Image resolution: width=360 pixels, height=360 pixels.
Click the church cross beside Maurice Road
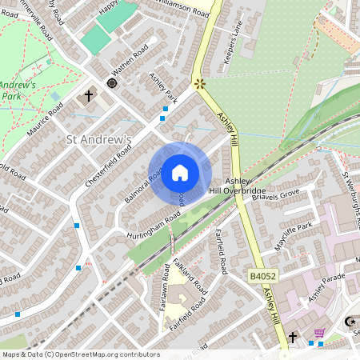tap(89, 96)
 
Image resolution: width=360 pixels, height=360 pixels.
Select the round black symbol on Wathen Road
tap(112, 82)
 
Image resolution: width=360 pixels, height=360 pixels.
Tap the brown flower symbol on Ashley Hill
tap(198, 82)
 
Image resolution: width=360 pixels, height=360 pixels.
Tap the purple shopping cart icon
tap(319, 334)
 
